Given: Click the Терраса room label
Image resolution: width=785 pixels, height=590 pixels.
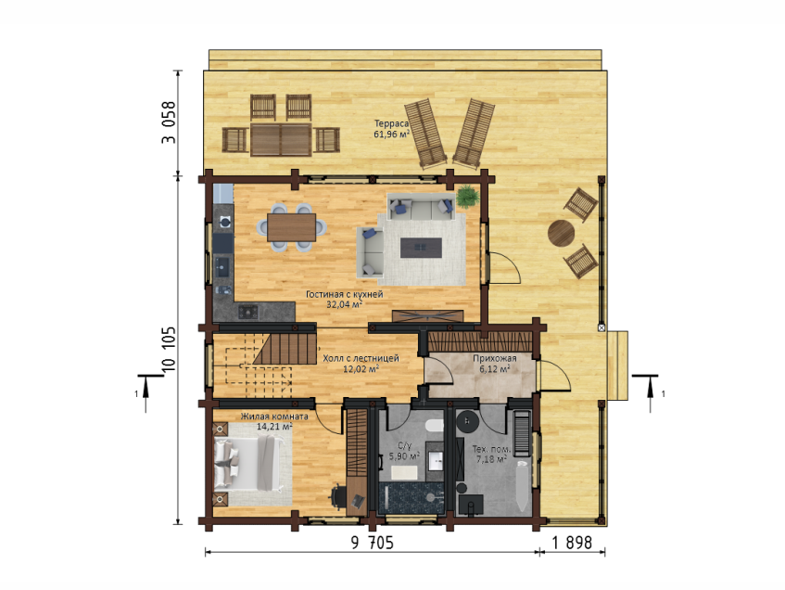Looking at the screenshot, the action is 391,123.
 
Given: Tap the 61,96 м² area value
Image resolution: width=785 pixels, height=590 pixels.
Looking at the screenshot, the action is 391,134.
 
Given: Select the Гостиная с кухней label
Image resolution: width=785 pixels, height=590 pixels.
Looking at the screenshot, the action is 345,294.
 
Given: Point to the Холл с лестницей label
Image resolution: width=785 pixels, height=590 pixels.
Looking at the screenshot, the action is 361,358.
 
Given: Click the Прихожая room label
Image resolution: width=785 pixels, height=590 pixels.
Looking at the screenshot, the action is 495,358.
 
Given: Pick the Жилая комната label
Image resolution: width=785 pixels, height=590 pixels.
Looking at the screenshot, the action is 274,417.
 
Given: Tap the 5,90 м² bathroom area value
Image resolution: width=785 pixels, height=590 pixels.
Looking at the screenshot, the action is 404,456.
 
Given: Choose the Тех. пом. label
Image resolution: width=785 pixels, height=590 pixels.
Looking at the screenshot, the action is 491,449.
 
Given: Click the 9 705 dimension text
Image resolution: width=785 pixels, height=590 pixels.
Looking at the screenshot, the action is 372,543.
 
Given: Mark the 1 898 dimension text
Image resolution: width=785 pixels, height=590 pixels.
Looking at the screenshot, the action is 572,543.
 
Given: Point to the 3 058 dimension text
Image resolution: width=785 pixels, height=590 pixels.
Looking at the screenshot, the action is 170,122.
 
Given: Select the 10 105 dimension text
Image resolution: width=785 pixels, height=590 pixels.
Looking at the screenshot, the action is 170,350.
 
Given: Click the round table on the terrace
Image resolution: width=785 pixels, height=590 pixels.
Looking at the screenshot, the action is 562,234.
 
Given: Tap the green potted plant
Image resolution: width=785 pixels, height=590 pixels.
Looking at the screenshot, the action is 468,197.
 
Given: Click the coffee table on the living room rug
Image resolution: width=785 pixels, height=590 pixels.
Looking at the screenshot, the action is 421,248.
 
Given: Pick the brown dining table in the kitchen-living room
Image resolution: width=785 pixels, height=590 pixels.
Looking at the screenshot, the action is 291,227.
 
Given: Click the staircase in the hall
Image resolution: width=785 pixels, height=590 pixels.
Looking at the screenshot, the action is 285,349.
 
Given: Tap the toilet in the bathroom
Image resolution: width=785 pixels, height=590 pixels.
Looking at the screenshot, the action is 435,427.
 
